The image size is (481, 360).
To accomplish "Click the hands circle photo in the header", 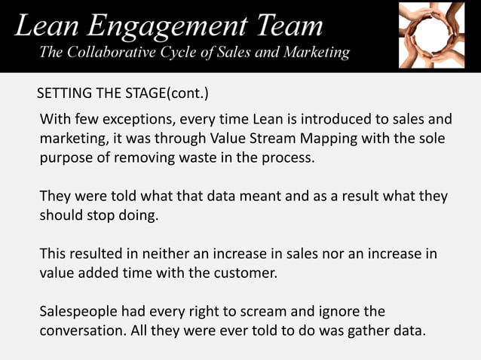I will coord(431,35).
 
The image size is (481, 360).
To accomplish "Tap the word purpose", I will coord(67,159).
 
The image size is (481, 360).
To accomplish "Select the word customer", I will coord(247,273).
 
